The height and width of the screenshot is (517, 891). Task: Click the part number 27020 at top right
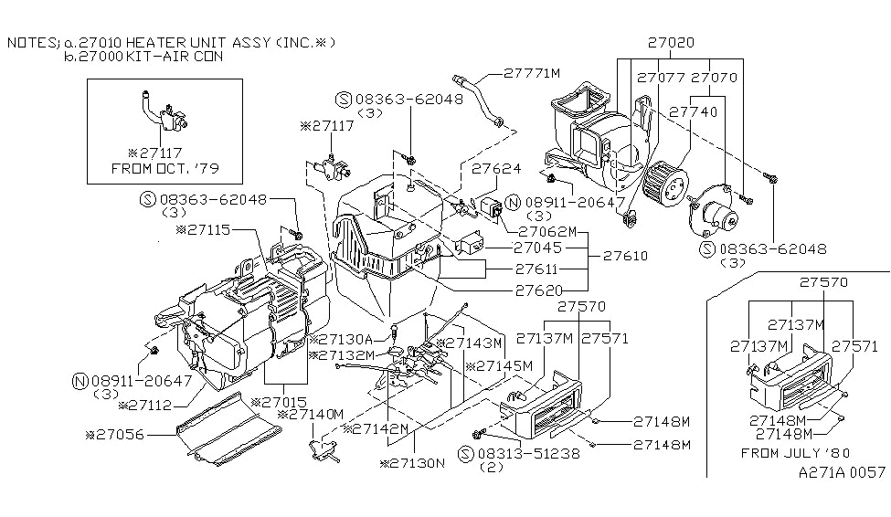point(671,43)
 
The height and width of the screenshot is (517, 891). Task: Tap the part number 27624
point(496,169)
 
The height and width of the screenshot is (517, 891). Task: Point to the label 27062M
point(547,232)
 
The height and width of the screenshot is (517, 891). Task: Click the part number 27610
point(625,257)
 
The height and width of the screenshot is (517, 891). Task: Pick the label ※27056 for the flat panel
point(115,435)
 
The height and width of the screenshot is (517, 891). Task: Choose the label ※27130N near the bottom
point(412,464)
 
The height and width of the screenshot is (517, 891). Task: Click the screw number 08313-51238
point(528,453)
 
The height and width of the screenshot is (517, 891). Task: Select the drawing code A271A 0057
point(842,472)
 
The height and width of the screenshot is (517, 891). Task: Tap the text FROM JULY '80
point(796,453)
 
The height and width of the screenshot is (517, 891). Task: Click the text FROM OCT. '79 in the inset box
point(164,169)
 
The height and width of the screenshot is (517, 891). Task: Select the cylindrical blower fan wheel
point(665,182)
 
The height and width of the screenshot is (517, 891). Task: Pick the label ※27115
point(204,230)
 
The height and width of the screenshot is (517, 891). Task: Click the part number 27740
point(694,112)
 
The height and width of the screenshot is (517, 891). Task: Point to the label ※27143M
point(470,343)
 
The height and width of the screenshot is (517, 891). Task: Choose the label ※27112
point(145,406)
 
